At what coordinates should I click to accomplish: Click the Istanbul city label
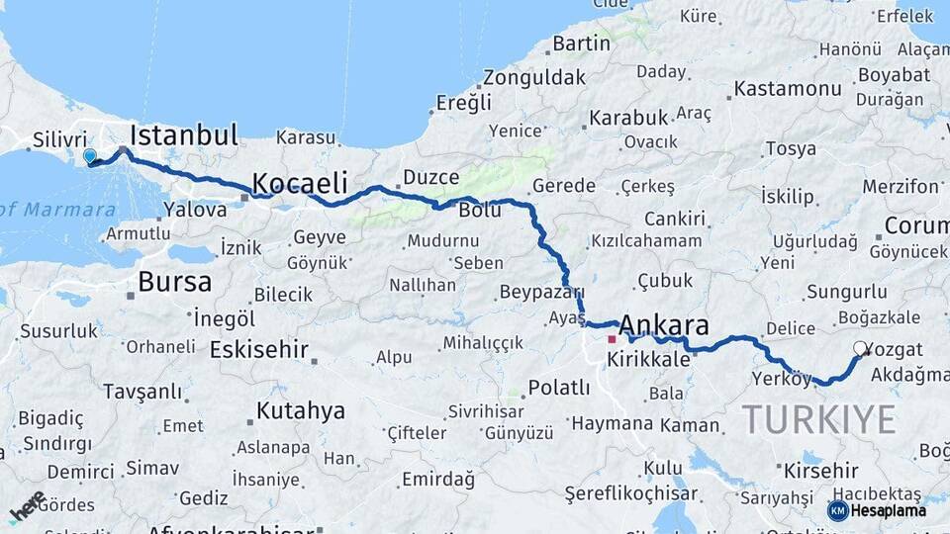[x=184, y=135]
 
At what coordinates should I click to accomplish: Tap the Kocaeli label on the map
[x=300, y=183]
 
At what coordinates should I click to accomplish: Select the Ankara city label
[x=664, y=325]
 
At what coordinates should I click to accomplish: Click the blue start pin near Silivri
[x=90, y=156]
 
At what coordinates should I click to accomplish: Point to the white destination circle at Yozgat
[x=860, y=348]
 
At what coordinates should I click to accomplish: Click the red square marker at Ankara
[x=612, y=339]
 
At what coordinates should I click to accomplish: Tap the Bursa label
[x=174, y=282]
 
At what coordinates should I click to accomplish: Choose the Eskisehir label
[x=259, y=350]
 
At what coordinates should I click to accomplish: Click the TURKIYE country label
[x=819, y=419]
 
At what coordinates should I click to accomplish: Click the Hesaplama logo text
[x=889, y=510]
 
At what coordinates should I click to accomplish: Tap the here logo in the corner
[x=27, y=505]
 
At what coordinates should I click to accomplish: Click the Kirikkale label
[x=648, y=360]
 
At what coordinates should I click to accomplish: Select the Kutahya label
[x=301, y=410]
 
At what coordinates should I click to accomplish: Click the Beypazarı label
[x=541, y=292]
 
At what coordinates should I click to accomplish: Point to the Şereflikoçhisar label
[x=630, y=493]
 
